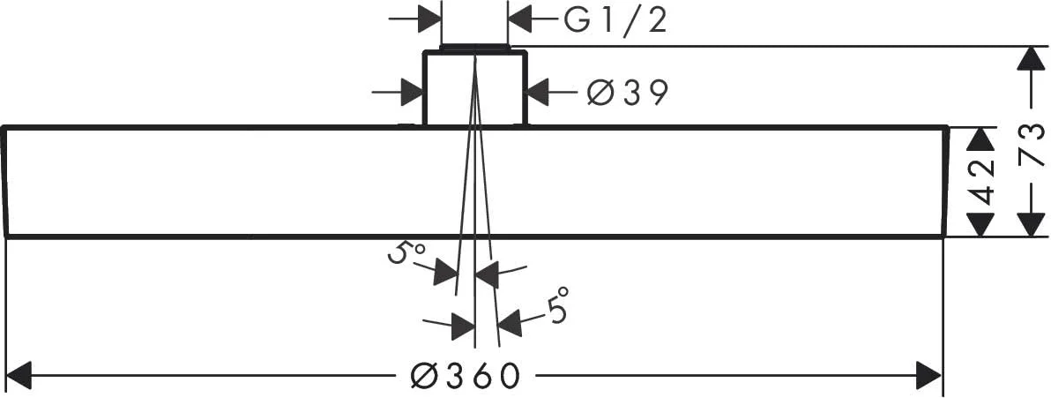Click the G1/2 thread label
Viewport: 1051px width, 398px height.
tap(616, 21)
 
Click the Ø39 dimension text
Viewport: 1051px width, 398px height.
tap(628, 92)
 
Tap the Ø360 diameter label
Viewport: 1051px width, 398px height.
tap(466, 376)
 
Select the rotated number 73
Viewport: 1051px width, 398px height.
tap(1031, 144)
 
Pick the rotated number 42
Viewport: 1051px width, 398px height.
tap(980, 184)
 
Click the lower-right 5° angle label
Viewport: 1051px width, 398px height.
tap(557, 304)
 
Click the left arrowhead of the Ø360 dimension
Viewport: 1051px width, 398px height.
tap(19, 375)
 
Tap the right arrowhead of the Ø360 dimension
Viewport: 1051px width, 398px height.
tap(929, 375)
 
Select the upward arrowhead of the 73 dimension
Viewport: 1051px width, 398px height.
tap(1031, 59)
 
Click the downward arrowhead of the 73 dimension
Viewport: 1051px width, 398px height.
tap(1031, 223)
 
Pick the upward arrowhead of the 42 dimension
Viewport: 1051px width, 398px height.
tap(980, 140)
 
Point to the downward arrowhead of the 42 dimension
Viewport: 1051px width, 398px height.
tap(980, 223)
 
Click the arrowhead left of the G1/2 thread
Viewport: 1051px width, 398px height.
tap(429, 19)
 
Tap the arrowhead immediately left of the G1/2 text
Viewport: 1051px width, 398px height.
tap(519, 19)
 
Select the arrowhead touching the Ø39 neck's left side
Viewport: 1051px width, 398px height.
tap(411, 91)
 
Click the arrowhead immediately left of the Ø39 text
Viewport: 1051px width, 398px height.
tap(538, 91)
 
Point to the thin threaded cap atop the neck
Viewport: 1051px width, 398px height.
tap(474, 48)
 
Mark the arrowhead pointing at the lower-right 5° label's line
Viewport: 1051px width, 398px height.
tap(510, 323)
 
